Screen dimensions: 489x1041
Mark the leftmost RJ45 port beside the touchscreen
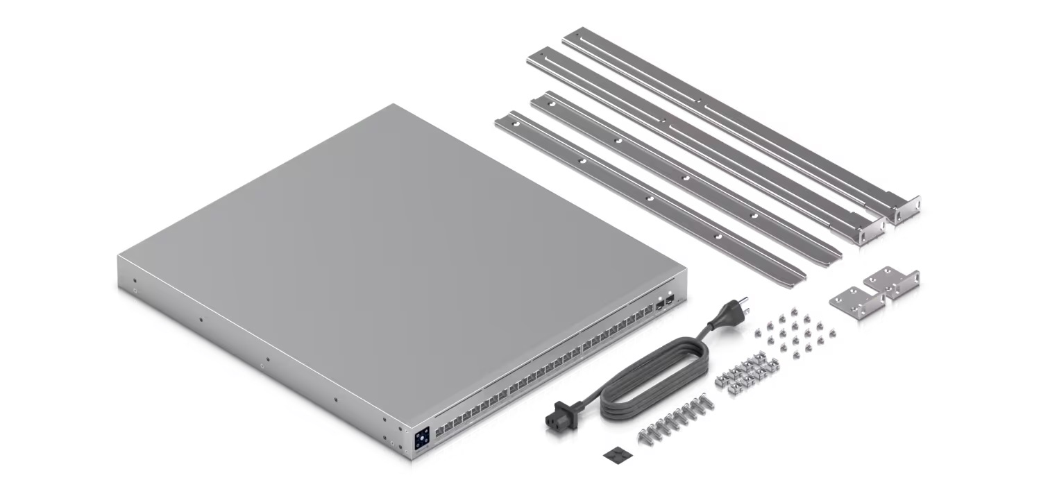point(439,431)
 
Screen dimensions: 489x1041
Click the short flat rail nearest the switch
point(649,198)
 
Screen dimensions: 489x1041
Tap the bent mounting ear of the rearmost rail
point(906,208)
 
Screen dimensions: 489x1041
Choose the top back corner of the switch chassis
point(394,105)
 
